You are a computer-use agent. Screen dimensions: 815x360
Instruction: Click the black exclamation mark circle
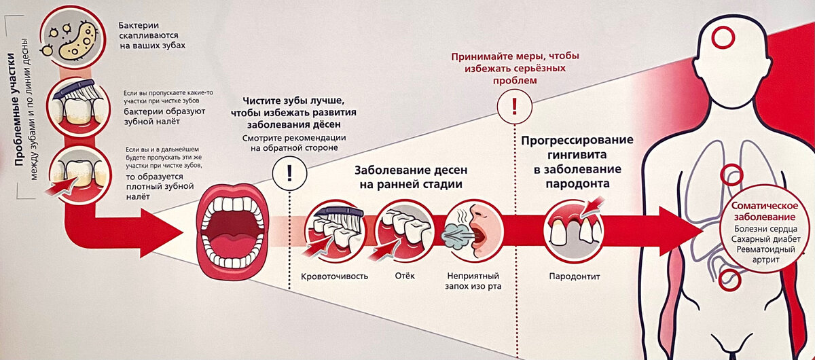point(289,173)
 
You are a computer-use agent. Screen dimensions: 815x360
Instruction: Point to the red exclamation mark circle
point(514,106)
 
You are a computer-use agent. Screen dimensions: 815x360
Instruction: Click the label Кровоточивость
point(335,276)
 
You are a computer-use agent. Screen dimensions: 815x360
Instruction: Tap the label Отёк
point(404,276)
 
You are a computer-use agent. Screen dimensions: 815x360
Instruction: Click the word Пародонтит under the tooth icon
point(575,276)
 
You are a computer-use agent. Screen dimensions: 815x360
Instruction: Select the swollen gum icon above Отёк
point(404,231)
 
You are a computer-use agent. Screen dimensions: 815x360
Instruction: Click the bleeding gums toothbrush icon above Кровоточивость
point(335,231)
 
